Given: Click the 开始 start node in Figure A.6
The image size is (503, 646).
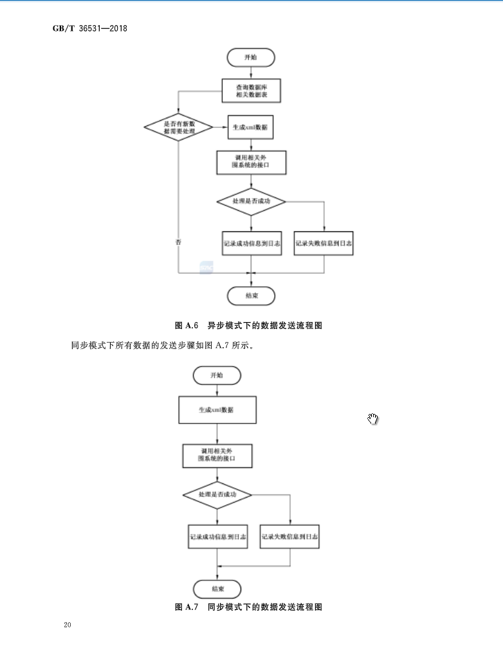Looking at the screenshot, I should (250, 57).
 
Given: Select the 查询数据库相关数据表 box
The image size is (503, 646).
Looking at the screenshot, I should (251, 91).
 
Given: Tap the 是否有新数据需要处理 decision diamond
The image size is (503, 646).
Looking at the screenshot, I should (179, 127).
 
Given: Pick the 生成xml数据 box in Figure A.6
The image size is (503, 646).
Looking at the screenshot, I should (251, 127).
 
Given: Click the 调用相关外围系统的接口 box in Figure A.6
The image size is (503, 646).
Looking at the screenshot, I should (251, 162).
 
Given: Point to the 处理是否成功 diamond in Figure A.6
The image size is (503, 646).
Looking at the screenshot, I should (251, 202).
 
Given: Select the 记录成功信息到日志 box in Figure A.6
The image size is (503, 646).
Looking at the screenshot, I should (251, 244).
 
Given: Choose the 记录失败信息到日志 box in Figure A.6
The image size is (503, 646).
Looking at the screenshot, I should (324, 244).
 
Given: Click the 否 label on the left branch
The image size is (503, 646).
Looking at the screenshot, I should (178, 242).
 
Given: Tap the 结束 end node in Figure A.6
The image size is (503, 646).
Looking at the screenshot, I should (251, 296).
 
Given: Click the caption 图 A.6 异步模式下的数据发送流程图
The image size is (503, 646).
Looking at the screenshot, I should (248, 325).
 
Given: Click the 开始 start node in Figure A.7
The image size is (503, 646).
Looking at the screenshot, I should (216, 375).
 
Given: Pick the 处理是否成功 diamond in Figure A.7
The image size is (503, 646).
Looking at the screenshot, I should (217, 495).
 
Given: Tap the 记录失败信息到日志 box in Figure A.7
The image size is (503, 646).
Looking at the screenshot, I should (290, 536).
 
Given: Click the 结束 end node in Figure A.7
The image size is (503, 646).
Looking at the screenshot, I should (217, 588).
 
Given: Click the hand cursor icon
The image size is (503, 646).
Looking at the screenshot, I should (373, 419).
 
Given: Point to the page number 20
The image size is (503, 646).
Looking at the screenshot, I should (68, 625).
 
